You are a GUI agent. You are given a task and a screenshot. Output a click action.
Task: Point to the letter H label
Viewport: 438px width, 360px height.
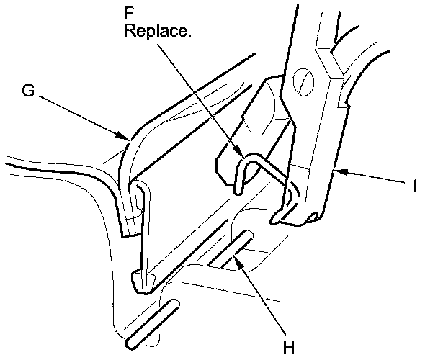point(289,348)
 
